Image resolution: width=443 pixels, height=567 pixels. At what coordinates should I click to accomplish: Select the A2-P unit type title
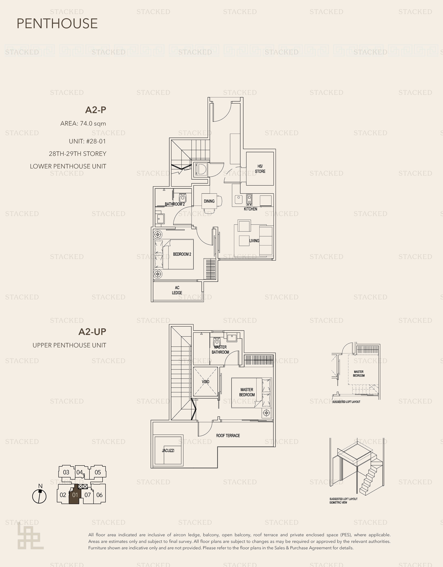[96, 110]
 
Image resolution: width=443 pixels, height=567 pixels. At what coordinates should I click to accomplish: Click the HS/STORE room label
[260, 169]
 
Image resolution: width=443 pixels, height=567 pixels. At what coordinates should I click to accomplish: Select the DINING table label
[209, 201]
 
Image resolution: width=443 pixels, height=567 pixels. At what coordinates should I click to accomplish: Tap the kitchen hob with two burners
[249, 199]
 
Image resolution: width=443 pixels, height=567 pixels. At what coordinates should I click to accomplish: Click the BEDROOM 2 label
[182, 254]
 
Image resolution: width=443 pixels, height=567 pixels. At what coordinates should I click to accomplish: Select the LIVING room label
[254, 241]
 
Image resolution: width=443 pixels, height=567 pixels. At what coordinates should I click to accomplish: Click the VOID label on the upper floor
[205, 382]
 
